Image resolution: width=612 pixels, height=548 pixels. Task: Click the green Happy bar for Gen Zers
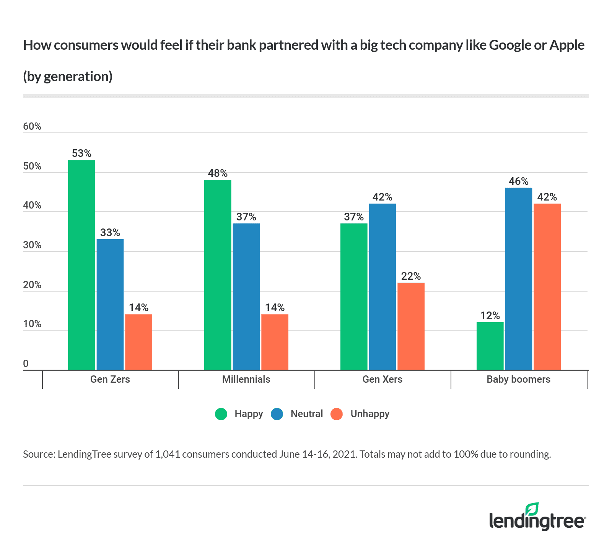coord(81,265)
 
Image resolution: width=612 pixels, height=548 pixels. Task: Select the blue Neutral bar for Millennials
coord(246,297)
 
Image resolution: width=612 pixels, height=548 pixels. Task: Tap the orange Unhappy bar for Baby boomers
coord(547,287)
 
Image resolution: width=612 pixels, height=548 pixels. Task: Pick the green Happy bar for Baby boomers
coord(490,346)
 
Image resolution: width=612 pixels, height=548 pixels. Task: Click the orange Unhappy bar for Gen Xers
coord(411,326)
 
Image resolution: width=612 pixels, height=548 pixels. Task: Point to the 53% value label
coord(81,153)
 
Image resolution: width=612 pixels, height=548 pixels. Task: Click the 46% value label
coord(518,181)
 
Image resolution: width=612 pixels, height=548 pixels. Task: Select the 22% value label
coord(411,276)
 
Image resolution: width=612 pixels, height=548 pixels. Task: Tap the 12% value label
coord(490,315)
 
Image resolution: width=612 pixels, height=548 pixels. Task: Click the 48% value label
coord(218,173)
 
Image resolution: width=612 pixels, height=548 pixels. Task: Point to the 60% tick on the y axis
coord(32,126)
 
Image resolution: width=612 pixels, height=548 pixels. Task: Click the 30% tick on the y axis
coord(32,245)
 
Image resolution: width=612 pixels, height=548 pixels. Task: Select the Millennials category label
coord(246,379)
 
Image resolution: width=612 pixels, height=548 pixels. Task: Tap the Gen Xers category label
coord(382,379)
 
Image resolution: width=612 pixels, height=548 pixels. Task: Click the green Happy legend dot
coord(221,414)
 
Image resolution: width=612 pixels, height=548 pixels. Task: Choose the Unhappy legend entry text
coord(369,414)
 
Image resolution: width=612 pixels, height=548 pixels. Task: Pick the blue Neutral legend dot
coord(277,414)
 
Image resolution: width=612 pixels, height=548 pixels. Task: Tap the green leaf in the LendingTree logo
coord(532,509)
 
